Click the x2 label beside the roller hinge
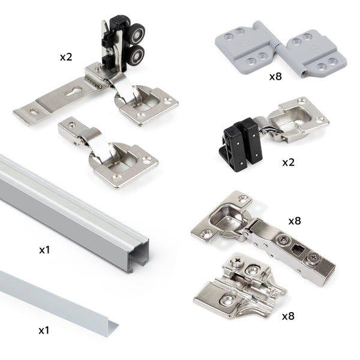66,57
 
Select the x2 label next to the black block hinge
289,163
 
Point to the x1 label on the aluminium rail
44,249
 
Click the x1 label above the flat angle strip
44,330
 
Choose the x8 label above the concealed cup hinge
294,221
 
